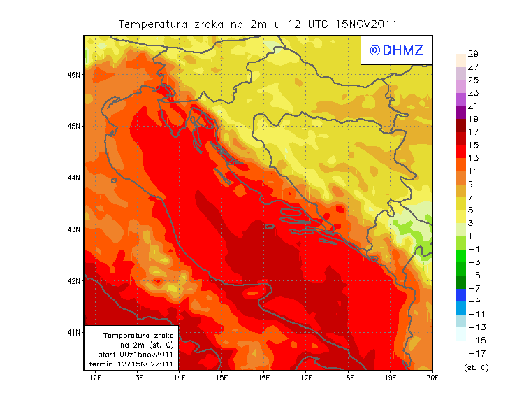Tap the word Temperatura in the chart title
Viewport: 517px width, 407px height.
pos(153,24)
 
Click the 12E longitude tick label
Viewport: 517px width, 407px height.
pos(95,378)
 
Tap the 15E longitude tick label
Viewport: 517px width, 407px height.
pos(221,378)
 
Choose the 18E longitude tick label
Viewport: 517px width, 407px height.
pos(348,378)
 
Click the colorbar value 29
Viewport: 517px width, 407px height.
pos(473,54)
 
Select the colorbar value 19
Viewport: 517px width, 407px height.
pos(473,119)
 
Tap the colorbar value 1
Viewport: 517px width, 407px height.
pos(473,236)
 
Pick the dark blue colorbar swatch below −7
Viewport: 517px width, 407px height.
pos(460,294)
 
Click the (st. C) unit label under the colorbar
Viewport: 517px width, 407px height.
pos(476,367)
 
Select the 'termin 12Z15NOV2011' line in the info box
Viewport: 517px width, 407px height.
pos(131,364)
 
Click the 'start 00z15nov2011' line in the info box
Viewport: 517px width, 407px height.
pos(131,355)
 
